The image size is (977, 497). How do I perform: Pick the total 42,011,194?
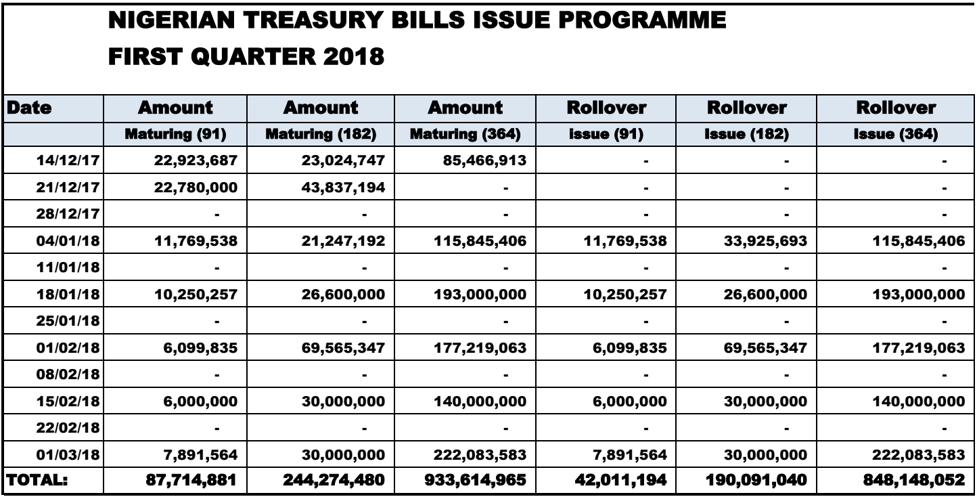coord(628,481)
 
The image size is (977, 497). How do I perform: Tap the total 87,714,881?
coord(197,481)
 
